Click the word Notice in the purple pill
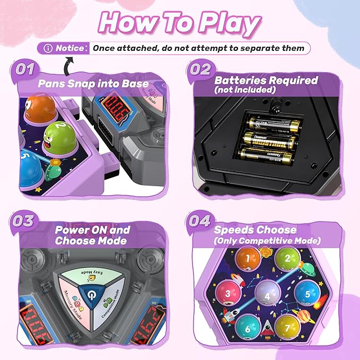[x=71, y=48]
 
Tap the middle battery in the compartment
[x=269, y=141]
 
